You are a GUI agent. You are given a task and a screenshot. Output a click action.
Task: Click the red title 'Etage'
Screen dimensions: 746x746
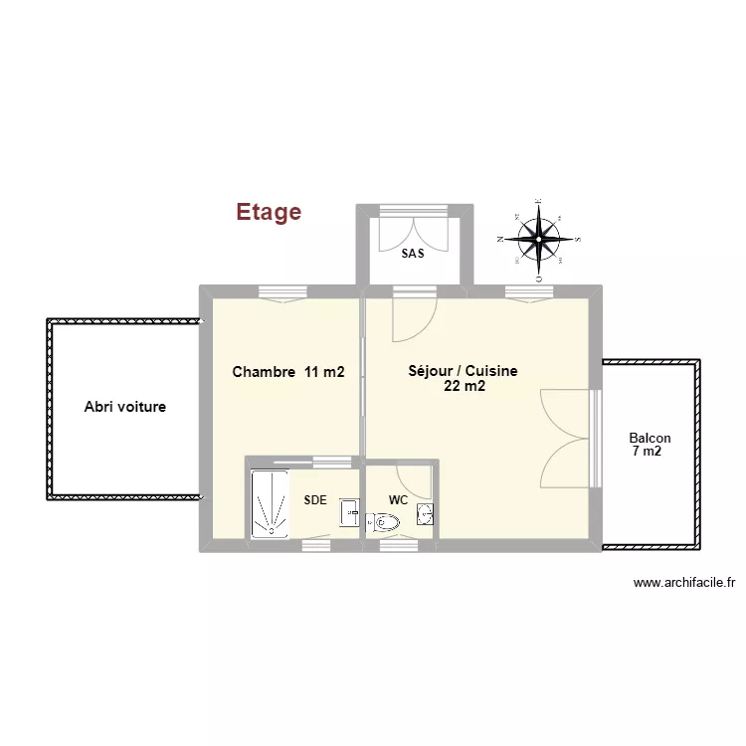[269, 212]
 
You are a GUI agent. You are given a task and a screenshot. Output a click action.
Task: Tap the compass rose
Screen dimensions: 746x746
[539, 239]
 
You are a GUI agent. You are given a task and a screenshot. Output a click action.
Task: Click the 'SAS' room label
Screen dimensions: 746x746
[413, 254]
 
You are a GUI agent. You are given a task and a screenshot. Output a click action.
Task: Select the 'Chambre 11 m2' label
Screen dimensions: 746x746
[288, 372]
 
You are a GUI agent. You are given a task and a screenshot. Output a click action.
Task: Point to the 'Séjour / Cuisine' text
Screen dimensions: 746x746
[463, 371]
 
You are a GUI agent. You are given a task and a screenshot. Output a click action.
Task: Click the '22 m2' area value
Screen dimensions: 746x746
[466, 387]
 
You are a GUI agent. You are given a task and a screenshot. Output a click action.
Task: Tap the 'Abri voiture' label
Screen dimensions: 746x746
[124, 407]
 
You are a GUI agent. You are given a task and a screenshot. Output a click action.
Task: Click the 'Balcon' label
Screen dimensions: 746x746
[650, 438]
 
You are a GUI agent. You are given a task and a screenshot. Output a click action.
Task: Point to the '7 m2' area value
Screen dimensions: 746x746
[647, 452]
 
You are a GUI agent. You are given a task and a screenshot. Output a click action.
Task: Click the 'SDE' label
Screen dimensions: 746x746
[315, 500]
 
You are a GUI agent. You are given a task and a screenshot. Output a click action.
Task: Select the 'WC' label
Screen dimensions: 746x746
[398, 499]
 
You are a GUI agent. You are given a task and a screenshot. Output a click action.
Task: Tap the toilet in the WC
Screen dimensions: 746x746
[383, 521]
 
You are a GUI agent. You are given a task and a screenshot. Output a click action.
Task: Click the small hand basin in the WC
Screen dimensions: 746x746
[425, 514]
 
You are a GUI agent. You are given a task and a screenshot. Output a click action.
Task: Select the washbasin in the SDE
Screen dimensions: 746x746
[349, 511]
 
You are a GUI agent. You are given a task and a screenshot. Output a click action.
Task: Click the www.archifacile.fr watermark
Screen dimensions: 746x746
[683, 584]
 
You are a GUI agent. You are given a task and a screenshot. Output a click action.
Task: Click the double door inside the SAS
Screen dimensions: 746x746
[415, 230]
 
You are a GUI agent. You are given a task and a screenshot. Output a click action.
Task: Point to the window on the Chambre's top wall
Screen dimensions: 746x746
[281, 292]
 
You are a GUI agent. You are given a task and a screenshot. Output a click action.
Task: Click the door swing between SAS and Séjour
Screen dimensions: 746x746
[411, 315]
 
